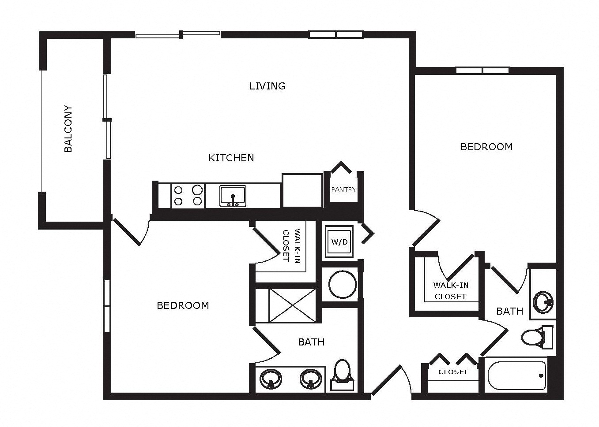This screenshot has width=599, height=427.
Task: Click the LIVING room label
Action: click(x=267, y=86)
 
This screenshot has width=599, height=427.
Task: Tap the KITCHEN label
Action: click(x=231, y=158)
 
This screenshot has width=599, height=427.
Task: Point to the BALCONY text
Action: click(x=68, y=129)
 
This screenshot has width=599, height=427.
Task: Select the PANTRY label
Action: click(x=343, y=189)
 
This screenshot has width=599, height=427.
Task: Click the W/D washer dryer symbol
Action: click(x=339, y=242)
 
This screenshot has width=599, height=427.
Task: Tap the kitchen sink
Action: click(x=233, y=196)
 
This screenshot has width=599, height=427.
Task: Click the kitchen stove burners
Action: click(x=188, y=196)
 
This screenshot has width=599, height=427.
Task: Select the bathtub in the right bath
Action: click(x=517, y=375)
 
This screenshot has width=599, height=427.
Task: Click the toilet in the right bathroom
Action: click(x=537, y=337)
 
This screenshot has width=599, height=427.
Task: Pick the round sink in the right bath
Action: click(x=543, y=302)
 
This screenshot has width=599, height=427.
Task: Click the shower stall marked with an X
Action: click(x=292, y=306)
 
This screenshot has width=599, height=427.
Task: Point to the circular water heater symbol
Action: click(x=342, y=284)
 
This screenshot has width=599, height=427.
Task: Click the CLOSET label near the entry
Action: click(x=453, y=372)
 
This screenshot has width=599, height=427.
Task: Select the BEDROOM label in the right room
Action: click(x=486, y=147)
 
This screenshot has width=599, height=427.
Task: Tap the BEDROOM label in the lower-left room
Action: click(x=183, y=305)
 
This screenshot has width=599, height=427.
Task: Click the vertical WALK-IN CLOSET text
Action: click(x=291, y=245)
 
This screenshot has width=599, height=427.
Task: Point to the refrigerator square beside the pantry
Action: click(x=302, y=190)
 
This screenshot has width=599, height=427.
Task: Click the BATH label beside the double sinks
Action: click(x=311, y=342)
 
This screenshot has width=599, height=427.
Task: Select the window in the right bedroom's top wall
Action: click(x=482, y=71)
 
